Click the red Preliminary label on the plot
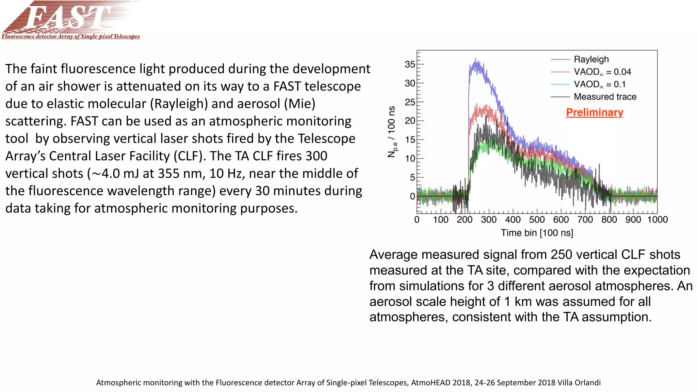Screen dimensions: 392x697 (x=594, y=112)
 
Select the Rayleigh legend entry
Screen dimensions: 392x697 (x=591, y=59)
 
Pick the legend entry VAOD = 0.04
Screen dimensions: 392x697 (x=602, y=72)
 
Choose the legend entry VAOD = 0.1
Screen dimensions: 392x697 (x=599, y=84)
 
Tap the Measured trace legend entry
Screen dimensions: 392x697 (x=605, y=97)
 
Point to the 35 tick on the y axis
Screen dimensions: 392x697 (x=410, y=64)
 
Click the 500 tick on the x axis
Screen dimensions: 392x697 (x=537, y=220)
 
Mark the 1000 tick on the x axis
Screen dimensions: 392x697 (x=657, y=220)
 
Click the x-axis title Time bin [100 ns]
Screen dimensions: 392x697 (x=537, y=233)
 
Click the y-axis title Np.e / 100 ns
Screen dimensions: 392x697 (x=392, y=132)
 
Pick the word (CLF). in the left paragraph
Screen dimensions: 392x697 (x=190, y=156)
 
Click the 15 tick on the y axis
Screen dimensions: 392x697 (x=410, y=140)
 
